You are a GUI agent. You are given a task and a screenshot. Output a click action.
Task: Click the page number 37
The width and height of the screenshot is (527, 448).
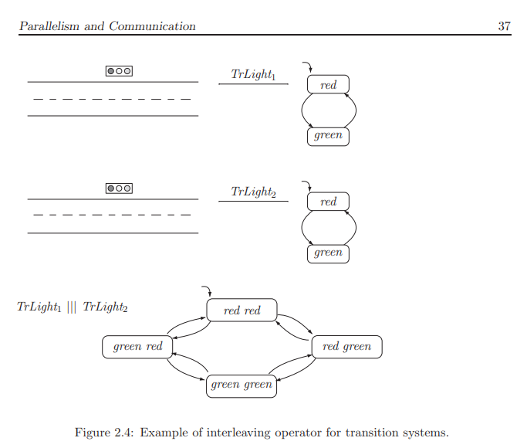pos(504,26)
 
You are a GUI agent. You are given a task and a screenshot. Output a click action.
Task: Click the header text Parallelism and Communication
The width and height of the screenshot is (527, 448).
pos(107,26)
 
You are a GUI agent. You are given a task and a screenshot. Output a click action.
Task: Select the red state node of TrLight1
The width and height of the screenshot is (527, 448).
pos(328,84)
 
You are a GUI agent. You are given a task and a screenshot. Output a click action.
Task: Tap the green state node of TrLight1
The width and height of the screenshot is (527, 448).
pos(328,136)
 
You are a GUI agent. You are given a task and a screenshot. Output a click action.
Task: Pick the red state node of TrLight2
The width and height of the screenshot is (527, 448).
pos(328,202)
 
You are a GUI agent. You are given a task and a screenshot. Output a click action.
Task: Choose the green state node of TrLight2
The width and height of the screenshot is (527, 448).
pos(328,253)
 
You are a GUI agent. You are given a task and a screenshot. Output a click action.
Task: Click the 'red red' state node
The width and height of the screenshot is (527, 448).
pos(242,311)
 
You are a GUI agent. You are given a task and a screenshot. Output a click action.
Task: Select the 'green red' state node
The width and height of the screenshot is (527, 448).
pos(137,347)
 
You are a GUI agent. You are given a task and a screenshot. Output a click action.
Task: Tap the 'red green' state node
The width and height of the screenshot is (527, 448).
pos(346,347)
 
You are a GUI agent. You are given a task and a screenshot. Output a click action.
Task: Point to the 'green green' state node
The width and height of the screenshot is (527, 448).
pos(242,385)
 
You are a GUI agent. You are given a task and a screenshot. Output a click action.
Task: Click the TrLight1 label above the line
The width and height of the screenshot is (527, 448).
pos(253,74)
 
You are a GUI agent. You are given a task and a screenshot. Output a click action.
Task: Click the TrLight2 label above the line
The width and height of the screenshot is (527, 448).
pos(253,192)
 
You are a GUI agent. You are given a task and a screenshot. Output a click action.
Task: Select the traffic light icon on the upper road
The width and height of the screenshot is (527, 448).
pos(119,70)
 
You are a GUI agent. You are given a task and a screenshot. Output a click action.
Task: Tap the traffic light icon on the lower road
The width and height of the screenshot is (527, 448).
pos(119,188)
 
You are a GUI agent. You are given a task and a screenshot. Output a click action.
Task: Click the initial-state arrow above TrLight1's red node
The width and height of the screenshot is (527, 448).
pos(307,66)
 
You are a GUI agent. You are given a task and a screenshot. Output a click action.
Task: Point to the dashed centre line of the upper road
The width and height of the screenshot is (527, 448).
pos(113,99)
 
